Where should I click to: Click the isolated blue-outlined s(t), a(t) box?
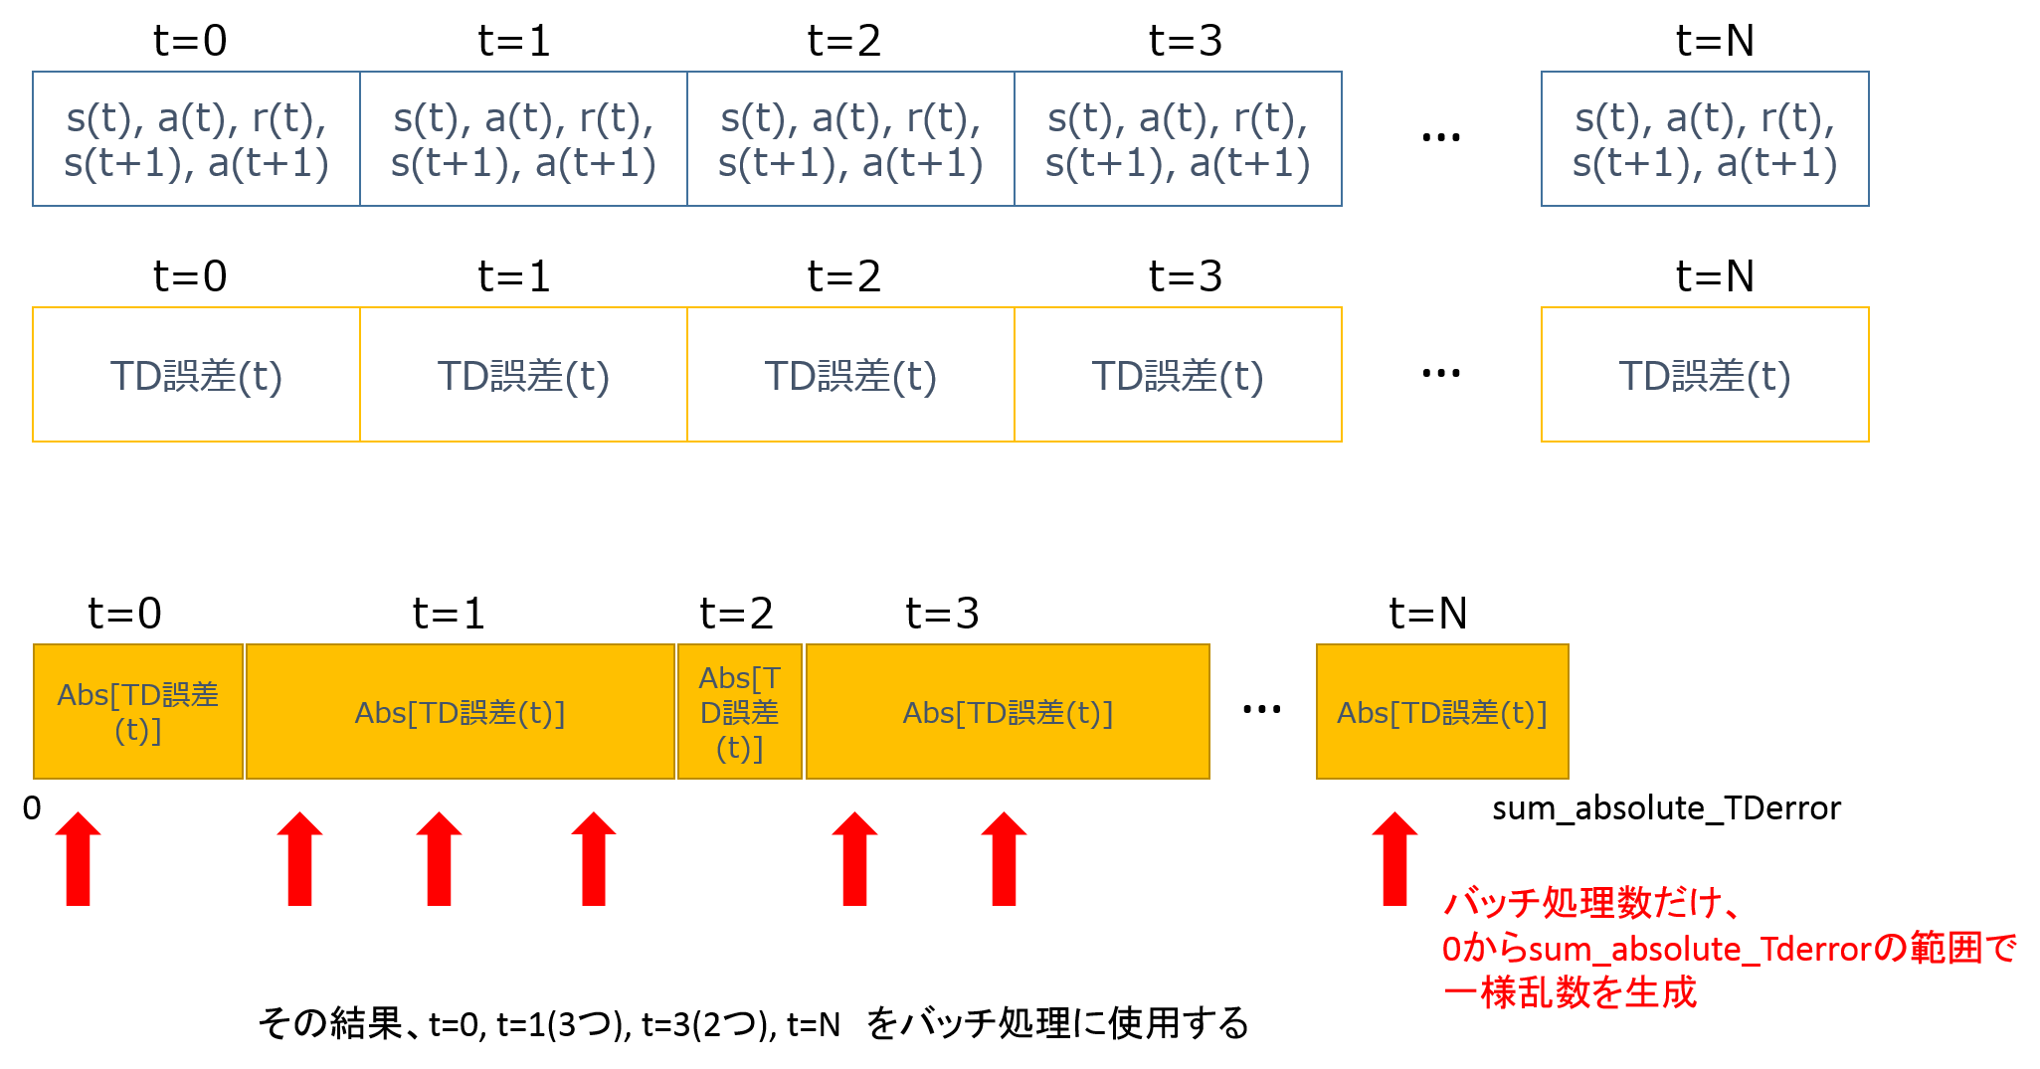click(1705, 139)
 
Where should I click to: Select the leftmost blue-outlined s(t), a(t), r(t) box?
click(196, 139)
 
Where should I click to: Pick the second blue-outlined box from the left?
click(523, 139)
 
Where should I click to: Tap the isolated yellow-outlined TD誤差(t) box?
click(1705, 375)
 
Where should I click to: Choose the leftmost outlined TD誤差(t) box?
click(196, 375)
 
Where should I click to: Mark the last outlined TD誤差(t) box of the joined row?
click(1178, 375)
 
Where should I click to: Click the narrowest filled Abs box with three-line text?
click(740, 712)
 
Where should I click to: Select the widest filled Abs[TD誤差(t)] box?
click(460, 712)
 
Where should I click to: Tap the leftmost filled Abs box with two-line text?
click(138, 712)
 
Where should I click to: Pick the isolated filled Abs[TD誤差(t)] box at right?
click(1442, 712)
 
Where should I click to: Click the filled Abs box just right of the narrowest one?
click(1008, 712)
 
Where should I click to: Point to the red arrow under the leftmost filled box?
click(79, 859)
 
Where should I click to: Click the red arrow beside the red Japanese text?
click(1394, 859)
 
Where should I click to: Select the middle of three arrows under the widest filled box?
click(439, 859)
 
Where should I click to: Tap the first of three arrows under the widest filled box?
click(299, 859)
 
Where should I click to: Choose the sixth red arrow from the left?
click(1004, 859)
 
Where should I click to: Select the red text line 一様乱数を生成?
click(1570, 992)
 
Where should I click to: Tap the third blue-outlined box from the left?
click(850, 139)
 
